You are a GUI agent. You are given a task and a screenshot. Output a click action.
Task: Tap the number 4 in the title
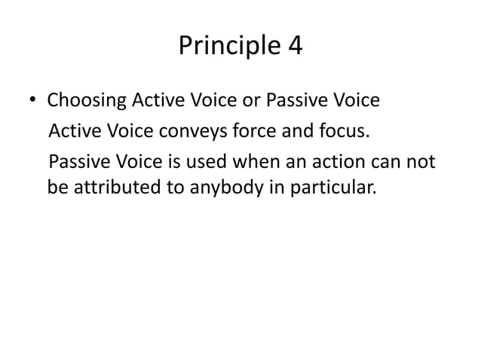[293, 47]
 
